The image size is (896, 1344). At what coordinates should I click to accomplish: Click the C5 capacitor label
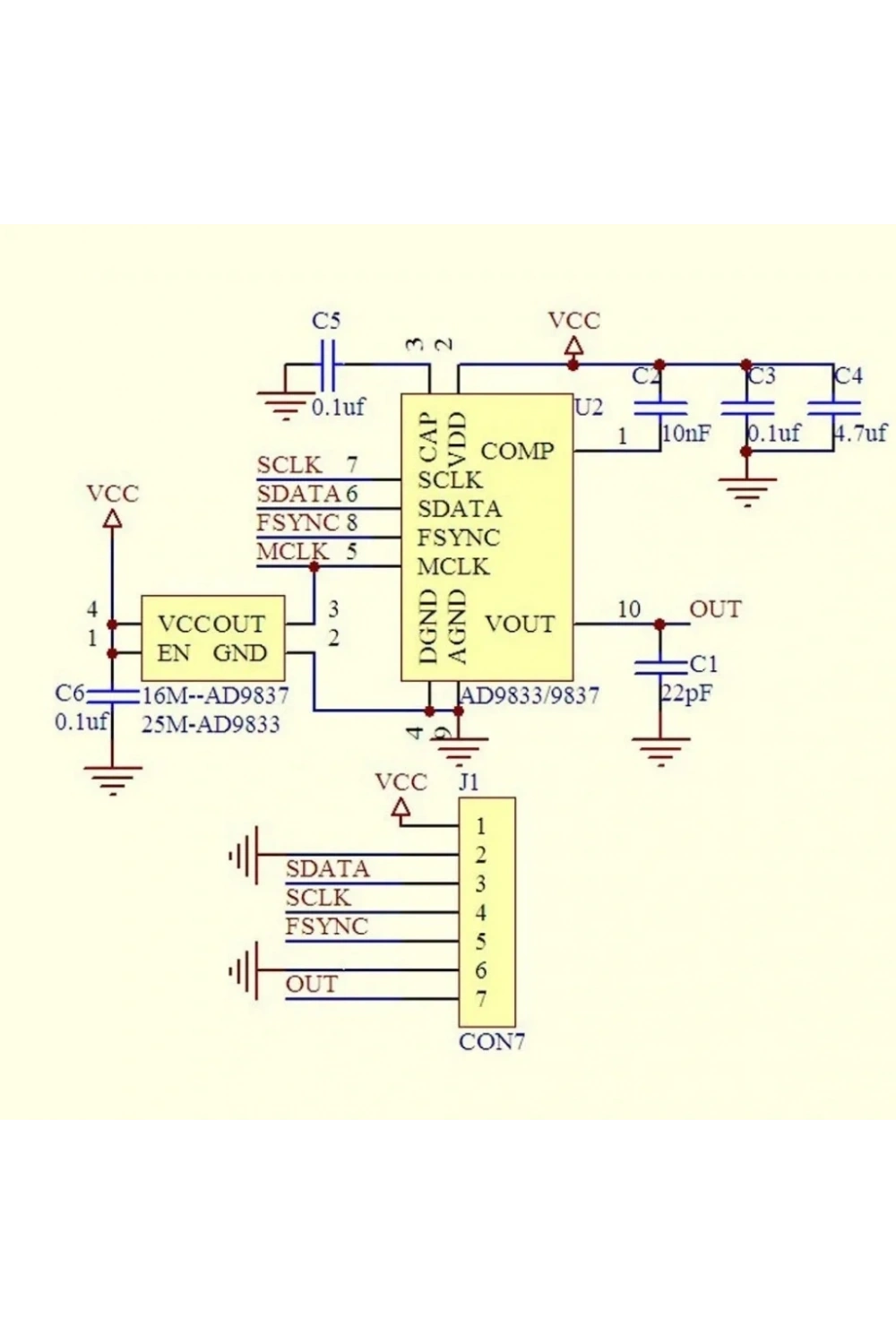[326, 321]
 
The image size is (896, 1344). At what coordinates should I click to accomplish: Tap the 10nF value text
[686, 433]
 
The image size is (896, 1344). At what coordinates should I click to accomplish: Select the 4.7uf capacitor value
[860, 433]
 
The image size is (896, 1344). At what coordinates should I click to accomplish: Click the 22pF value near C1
[686, 694]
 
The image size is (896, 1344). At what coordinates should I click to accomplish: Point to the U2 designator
[589, 408]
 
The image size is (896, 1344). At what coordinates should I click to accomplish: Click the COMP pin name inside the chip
[517, 452]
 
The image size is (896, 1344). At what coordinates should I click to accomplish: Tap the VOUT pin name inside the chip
[521, 625]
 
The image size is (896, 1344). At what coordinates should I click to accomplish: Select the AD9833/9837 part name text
[530, 696]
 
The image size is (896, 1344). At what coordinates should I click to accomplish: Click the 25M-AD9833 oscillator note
[211, 725]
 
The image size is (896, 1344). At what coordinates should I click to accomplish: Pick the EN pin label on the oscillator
[174, 653]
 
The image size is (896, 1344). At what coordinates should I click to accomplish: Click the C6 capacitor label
[70, 693]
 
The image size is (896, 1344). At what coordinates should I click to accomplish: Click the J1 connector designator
[469, 782]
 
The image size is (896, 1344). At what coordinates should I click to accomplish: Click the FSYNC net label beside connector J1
[326, 926]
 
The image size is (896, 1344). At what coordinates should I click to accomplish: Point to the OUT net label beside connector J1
[312, 984]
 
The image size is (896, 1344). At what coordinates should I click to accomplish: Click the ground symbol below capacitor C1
[660, 753]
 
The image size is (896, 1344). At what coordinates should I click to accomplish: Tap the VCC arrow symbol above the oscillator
[112, 519]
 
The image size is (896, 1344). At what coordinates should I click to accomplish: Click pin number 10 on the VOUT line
[629, 609]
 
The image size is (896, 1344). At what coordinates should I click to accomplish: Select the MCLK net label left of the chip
[293, 551]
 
